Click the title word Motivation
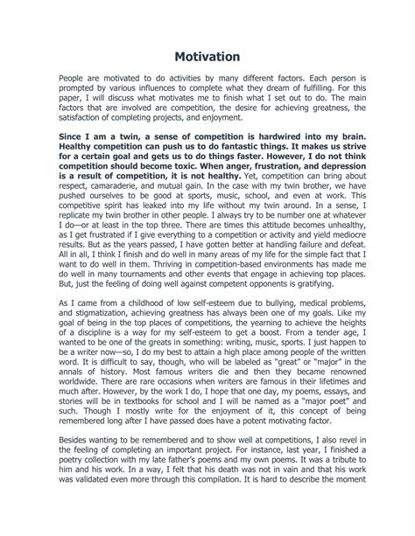(207, 57)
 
